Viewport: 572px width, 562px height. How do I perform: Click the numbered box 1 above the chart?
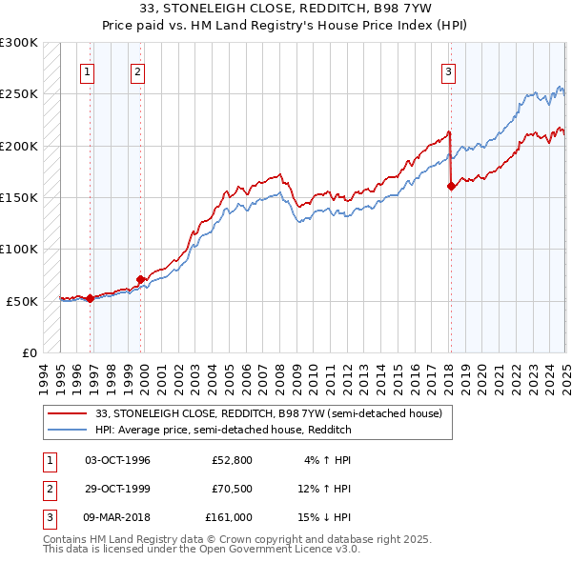click(87, 70)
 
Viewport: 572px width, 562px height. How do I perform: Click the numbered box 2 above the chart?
click(137, 70)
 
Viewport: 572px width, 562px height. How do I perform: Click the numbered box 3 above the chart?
click(448, 70)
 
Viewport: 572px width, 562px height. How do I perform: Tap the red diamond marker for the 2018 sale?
click(451, 187)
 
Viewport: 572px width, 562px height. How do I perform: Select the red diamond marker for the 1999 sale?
click(141, 279)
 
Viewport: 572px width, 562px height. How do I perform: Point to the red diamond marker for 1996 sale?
click(91, 298)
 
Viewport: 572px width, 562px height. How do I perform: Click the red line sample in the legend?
click(67, 413)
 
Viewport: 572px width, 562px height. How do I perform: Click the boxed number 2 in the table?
click(47, 489)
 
